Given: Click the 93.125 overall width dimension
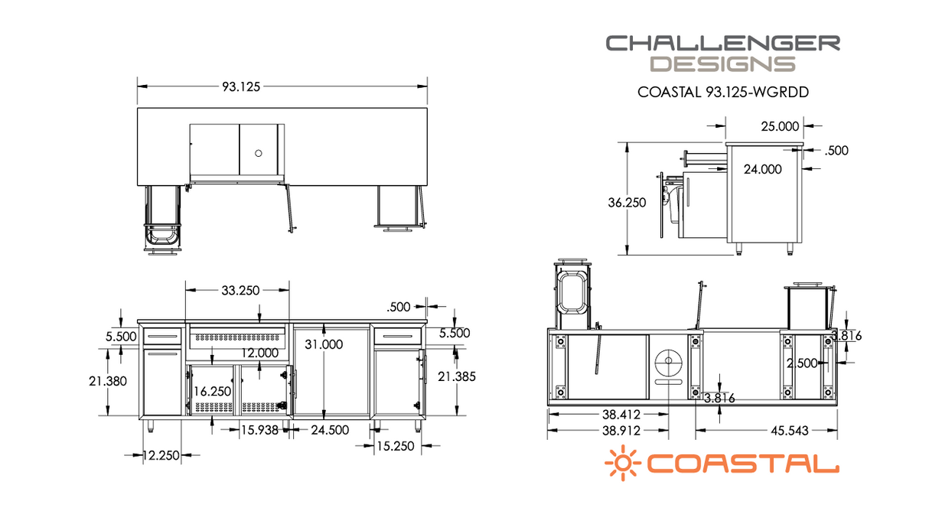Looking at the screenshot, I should tap(242, 86).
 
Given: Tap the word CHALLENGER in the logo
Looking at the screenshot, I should tap(722, 43).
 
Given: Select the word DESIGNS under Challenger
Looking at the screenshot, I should tap(722, 63).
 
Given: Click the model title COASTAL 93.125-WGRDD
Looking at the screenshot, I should tap(723, 93).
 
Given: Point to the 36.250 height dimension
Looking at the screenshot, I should tap(627, 203).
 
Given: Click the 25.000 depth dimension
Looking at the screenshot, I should tap(781, 126).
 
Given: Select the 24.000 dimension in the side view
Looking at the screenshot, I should tap(763, 169).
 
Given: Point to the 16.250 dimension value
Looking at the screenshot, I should tap(212, 390).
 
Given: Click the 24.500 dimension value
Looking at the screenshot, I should tap(330, 429).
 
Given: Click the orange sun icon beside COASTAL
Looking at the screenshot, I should tap(622, 464).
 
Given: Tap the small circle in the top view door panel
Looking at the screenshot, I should tap(258, 153).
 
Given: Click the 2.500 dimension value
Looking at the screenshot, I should tap(802, 363).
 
